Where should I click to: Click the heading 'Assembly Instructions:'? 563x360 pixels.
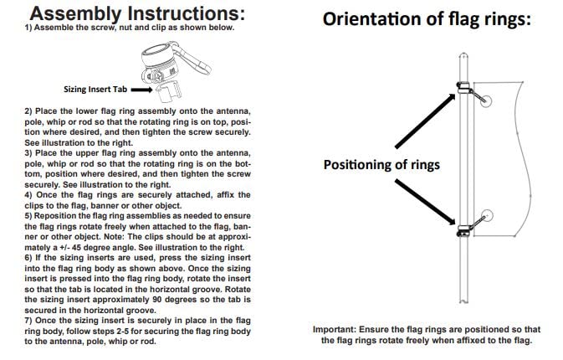click(x=137, y=13)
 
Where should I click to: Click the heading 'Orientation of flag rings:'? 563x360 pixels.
click(x=427, y=19)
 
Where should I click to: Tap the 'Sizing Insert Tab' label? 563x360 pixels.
click(x=95, y=89)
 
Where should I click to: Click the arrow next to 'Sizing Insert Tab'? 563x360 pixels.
click(x=142, y=90)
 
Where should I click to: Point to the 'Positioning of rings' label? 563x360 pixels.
click(x=381, y=165)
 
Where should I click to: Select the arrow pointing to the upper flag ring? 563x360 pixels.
click(x=425, y=121)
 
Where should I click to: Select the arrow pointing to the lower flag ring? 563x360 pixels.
click(x=425, y=203)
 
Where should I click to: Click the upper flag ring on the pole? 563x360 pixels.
click(x=463, y=87)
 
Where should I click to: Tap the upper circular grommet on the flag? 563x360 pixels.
click(x=485, y=101)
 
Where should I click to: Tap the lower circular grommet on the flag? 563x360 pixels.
click(x=487, y=215)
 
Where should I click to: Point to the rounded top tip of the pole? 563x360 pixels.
click(x=463, y=54)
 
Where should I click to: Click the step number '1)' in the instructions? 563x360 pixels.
click(x=28, y=28)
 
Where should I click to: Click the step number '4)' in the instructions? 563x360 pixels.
click(x=28, y=195)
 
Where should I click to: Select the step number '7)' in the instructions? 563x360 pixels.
click(x=28, y=321)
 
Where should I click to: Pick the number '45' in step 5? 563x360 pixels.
click(x=77, y=248)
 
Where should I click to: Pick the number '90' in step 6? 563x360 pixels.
click(x=157, y=300)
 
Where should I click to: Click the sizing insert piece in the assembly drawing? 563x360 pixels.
click(x=169, y=92)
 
